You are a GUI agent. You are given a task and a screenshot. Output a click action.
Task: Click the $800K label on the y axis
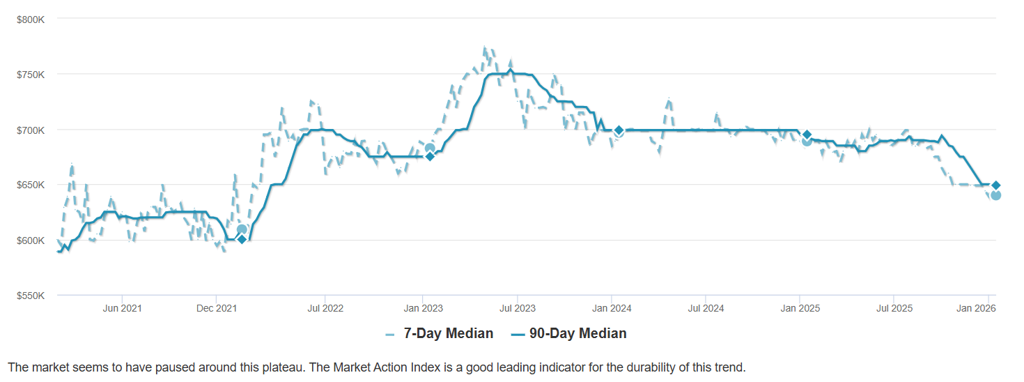pos(30,19)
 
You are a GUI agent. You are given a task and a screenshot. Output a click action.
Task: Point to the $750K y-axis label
pos(30,75)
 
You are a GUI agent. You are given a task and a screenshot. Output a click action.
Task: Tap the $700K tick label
pos(30,130)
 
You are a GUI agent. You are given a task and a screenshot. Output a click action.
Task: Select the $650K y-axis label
pos(30,185)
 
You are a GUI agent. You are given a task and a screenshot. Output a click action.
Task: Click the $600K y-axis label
pos(30,241)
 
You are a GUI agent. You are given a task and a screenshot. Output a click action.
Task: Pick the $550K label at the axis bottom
pos(30,296)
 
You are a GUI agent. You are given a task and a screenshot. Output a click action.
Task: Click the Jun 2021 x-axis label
pos(122,308)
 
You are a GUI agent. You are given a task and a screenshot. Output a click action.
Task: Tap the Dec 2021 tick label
pos(217,308)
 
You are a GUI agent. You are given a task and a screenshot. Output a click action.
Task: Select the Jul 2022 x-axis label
pos(325,308)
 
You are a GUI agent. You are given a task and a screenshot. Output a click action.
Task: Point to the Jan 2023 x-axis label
pos(422,308)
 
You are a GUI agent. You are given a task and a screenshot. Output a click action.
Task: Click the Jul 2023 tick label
pos(517,308)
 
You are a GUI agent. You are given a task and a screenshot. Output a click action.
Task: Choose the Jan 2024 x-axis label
pos(612,308)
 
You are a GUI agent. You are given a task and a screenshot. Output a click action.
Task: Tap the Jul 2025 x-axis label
pos(894,308)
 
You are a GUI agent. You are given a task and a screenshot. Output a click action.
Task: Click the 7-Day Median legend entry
pos(448,334)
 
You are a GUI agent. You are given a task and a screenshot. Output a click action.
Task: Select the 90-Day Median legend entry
pos(577,334)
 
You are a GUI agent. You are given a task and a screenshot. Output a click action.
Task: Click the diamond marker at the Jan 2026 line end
pos(996,185)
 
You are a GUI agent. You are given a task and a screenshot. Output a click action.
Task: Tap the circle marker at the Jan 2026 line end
pos(996,195)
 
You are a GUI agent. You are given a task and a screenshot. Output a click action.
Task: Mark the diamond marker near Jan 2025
pos(807,135)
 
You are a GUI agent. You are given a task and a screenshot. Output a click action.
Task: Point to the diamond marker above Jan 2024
pos(619,130)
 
